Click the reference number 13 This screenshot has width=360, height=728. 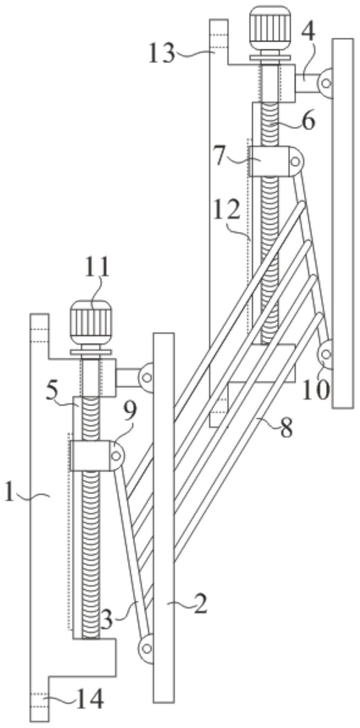tap(161, 53)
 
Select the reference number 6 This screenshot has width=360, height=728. tap(308, 121)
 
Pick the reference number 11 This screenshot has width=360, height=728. tap(96, 268)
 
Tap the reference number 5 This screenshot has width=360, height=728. tap(53, 392)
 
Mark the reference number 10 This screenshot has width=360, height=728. tap(315, 389)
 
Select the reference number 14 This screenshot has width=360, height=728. tap(89, 698)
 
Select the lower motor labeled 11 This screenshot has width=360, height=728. tap(91, 323)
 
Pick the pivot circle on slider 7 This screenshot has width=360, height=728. tap(295, 161)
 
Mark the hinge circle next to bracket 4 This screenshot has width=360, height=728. tap(326, 83)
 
